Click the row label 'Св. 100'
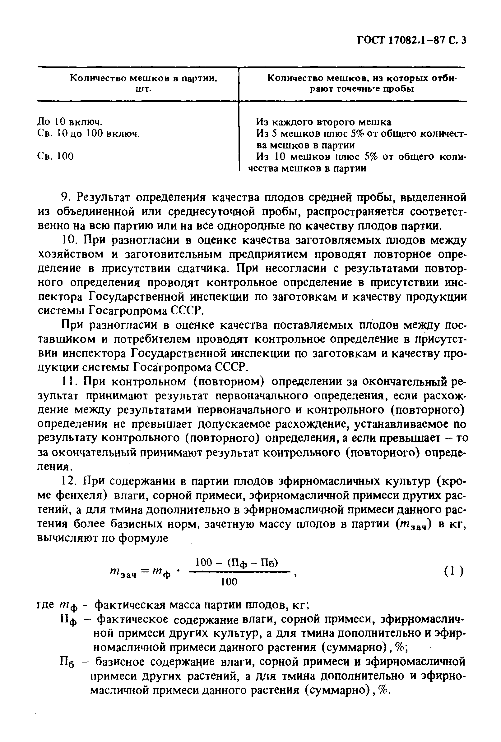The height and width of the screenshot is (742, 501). (55, 156)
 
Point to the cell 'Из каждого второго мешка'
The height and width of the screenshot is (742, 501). (323, 122)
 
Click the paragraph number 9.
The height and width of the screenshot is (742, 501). (66, 198)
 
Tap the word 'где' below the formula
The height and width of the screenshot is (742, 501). (46, 605)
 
